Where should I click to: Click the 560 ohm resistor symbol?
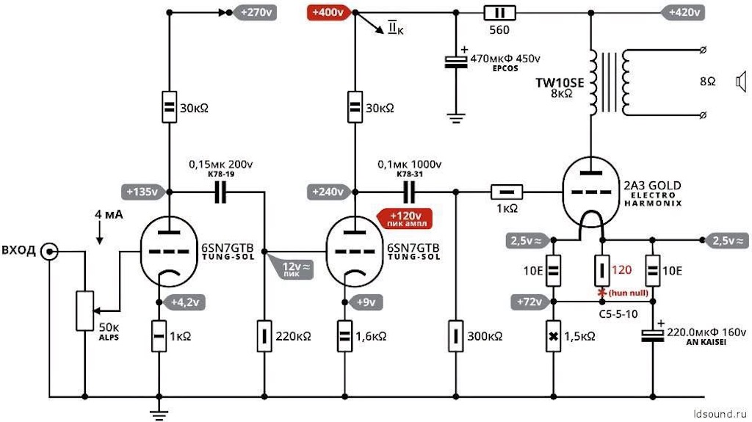pos(499,13)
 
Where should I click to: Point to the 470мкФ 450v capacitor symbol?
pos(455,62)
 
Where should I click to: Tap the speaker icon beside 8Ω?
pos(742,81)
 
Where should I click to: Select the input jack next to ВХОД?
pos(49,251)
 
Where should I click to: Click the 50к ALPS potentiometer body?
pos(85,310)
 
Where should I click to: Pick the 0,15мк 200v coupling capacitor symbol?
pos(220,192)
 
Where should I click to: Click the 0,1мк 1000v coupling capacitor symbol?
pos(409,192)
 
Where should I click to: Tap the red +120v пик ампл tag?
pos(405,219)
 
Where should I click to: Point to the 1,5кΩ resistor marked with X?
pos(554,336)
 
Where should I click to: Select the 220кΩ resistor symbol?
pos(264,336)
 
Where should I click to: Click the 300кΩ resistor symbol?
pos(455,336)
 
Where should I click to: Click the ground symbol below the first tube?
pos(159,413)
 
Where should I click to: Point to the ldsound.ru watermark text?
pos(720,413)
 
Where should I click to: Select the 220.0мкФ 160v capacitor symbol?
pos(652,335)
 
